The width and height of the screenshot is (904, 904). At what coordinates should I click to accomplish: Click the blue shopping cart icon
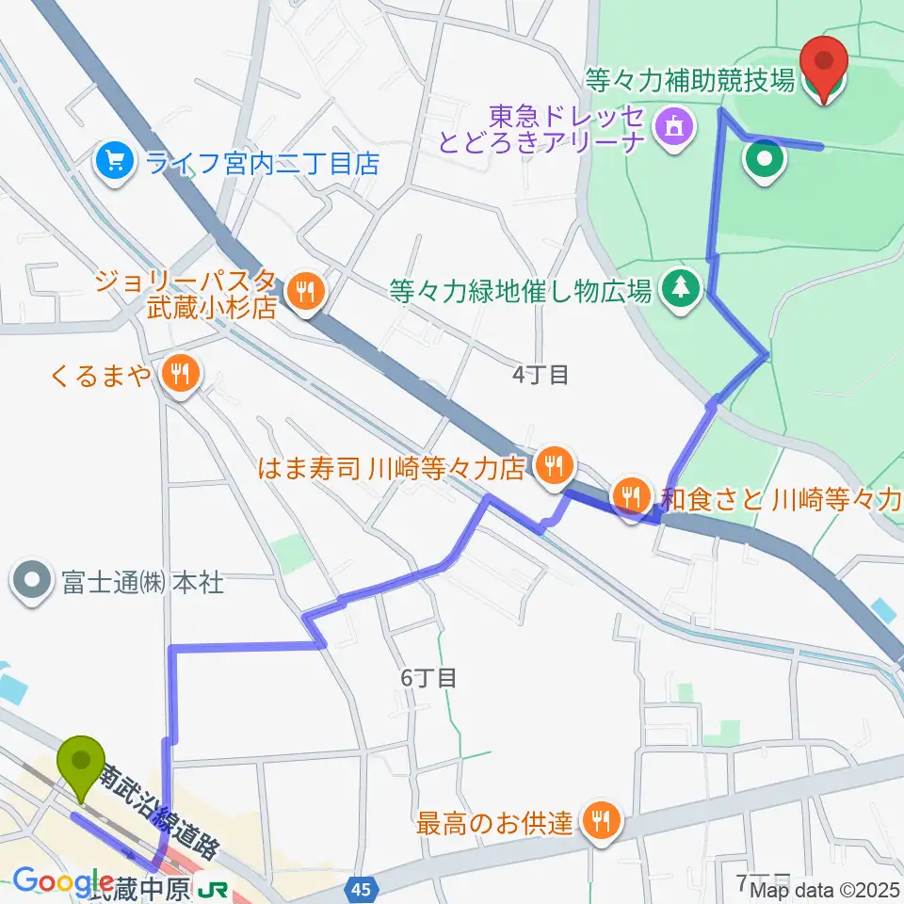click(x=116, y=162)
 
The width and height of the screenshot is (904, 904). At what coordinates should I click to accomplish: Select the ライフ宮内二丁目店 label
click(x=262, y=163)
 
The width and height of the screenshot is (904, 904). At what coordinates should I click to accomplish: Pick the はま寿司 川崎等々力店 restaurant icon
click(x=554, y=464)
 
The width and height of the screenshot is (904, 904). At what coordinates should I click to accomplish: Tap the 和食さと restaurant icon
click(x=628, y=495)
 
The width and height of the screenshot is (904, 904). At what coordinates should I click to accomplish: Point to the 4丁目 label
click(x=541, y=375)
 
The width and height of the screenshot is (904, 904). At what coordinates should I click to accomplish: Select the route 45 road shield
click(x=365, y=888)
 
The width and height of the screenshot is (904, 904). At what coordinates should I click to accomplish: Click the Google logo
click(x=62, y=882)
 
